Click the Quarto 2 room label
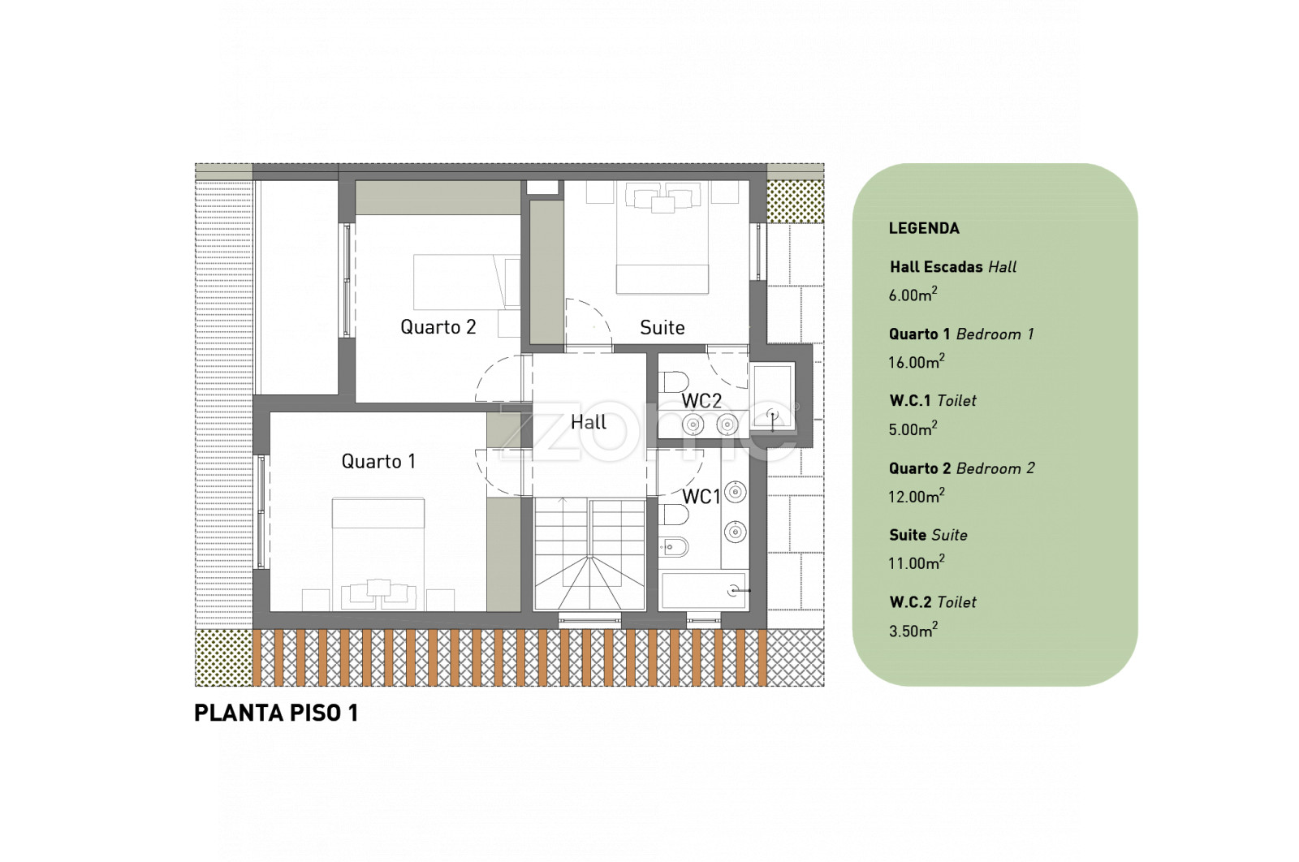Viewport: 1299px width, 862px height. (x=438, y=327)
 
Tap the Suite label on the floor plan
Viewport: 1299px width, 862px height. (x=662, y=328)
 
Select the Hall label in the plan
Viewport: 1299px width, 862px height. (x=589, y=423)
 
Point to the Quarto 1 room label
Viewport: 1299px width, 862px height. (x=378, y=461)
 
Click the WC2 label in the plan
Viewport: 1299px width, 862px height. (x=701, y=401)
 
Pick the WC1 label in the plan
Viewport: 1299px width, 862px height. (x=701, y=497)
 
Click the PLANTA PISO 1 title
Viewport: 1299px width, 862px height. (x=276, y=713)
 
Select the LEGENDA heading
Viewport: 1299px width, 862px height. (x=924, y=228)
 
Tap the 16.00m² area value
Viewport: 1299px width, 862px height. (x=917, y=362)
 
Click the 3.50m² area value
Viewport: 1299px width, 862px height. (x=913, y=630)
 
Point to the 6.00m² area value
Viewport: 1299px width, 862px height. (x=913, y=295)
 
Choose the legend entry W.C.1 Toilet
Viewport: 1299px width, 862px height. (x=933, y=401)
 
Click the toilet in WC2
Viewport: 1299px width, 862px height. (x=674, y=382)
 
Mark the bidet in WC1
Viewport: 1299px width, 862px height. (x=674, y=546)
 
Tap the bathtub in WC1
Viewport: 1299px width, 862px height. (x=703, y=590)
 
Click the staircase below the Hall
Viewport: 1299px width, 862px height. (x=589, y=554)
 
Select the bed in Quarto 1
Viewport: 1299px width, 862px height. (x=378, y=554)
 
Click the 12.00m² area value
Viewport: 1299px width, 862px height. (x=917, y=496)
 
